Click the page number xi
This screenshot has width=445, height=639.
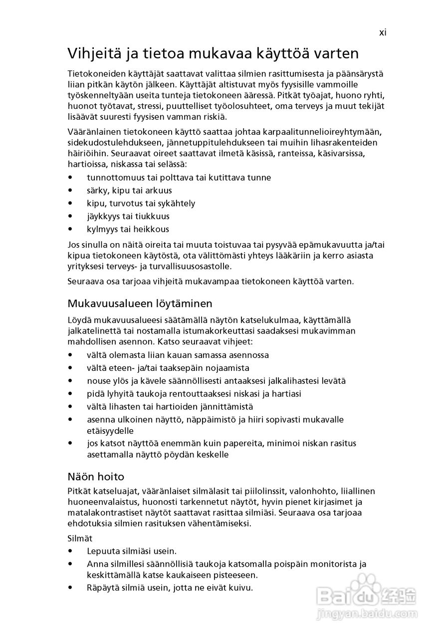point(383,32)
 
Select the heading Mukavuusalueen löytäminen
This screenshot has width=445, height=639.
point(140,304)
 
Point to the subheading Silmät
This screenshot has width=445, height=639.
point(80,539)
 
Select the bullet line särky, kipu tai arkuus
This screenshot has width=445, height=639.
point(129,191)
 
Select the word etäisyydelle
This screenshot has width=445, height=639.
point(110,430)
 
